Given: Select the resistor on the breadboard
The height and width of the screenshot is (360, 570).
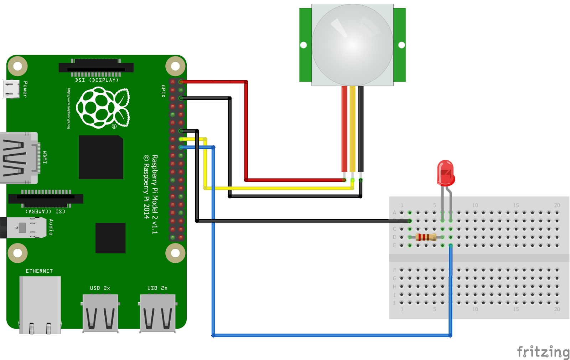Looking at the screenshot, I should click(x=426, y=237).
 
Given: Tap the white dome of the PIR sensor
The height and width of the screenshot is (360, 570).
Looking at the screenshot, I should click(x=352, y=45).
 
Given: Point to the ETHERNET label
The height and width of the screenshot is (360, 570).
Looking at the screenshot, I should click(x=39, y=271).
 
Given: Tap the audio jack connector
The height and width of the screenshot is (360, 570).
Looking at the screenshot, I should click(x=23, y=227).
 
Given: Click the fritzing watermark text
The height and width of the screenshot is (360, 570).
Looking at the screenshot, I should click(x=543, y=352).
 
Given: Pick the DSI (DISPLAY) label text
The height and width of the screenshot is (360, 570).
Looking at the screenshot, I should click(x=97, y=80).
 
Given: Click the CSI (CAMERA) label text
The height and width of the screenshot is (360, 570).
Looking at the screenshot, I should click(x=45, y=211).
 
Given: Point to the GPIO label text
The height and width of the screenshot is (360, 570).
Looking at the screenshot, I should click(x=163, y=91).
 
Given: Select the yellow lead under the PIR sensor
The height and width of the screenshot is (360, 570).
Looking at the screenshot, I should click(x=352, y=128).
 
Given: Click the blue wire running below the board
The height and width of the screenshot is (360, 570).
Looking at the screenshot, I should click(x=331, y=335).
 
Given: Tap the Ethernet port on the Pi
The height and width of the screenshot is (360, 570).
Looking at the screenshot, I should click(x=40, y=305).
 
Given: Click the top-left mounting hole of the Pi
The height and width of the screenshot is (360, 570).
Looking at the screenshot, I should click(x=17, y=66).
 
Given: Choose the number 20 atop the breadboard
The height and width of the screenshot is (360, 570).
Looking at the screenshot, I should click(x=557, y=205).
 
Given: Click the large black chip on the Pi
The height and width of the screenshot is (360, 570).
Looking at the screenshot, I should click(x=101, y=157).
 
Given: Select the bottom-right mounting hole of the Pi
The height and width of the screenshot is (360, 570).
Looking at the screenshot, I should click(x=175, y=253).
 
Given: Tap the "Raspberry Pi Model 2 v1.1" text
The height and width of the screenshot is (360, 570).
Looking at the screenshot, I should click(x=155, y=194).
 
